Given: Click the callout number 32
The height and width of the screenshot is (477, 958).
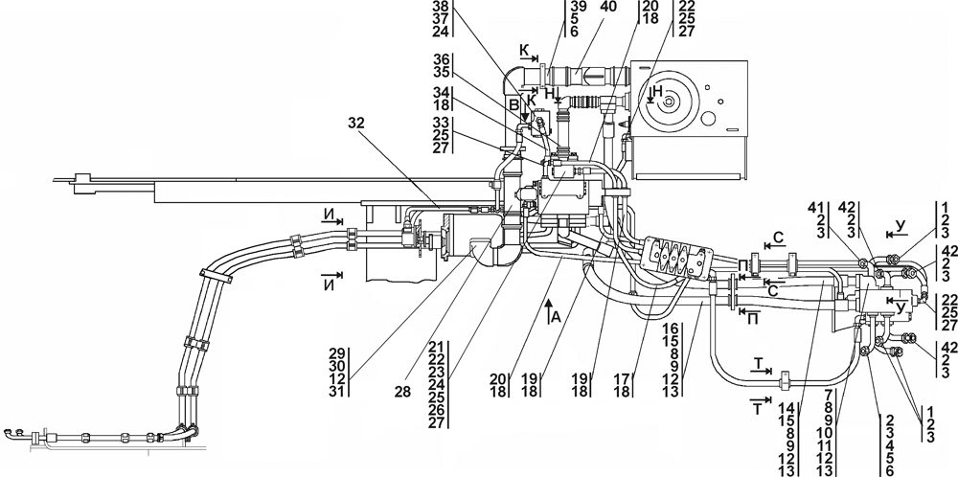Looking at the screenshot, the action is pyautogui.click(x=356, y=123).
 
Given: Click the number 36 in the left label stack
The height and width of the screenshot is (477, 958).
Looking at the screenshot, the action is pyautogui.click(x=441, y=59).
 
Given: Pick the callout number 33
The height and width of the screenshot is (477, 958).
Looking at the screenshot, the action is pyautogui.click(x=441, y=122).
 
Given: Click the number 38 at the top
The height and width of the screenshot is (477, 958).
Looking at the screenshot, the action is pyautogui.click(x=441, y=6).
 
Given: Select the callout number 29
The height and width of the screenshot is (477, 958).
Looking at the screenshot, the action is pyautogui.click(x=337, y=354).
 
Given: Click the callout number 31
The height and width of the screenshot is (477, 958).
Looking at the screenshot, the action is pyautogui.click(x=337, y=391).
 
